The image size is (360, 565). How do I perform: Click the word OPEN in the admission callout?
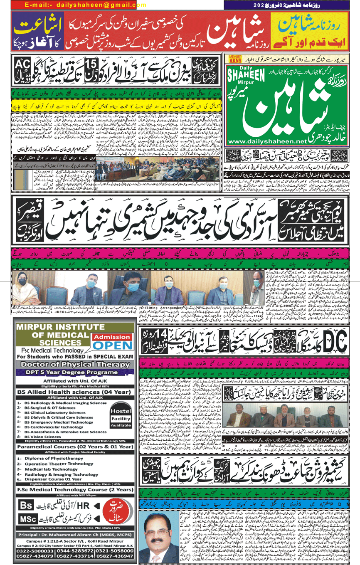point(113,345)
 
